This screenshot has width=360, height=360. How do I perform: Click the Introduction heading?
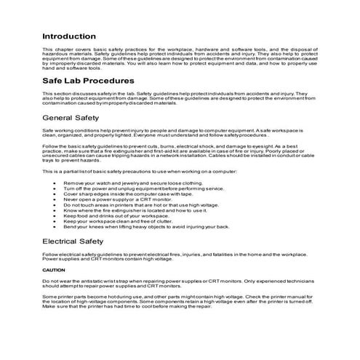coord(68,36)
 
